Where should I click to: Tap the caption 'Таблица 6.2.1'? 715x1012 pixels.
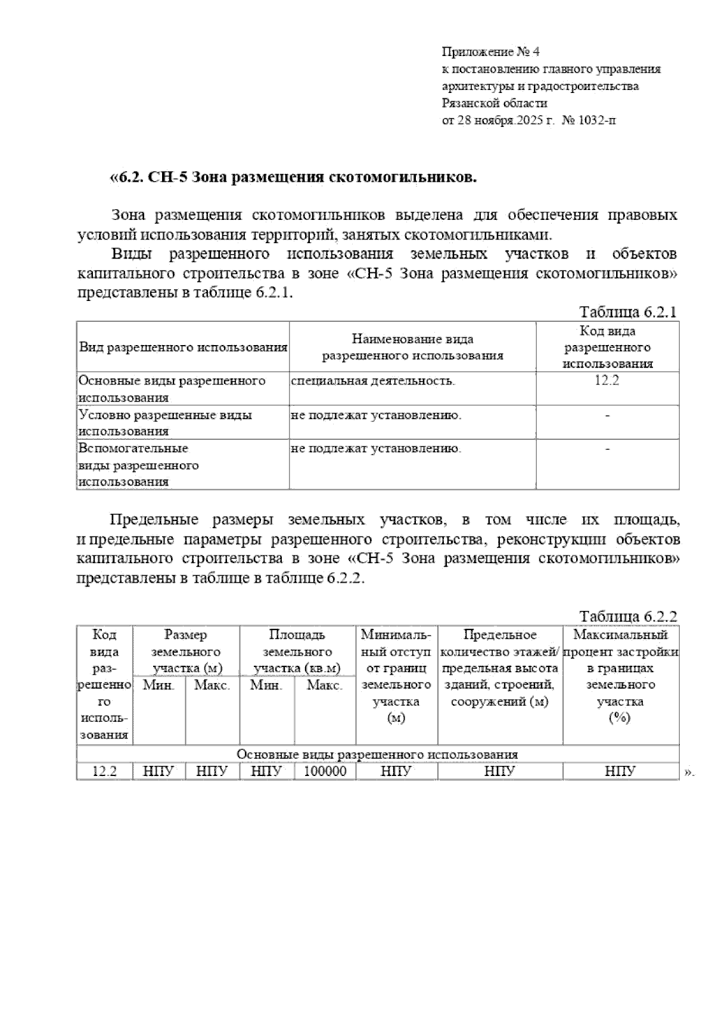(628, 312)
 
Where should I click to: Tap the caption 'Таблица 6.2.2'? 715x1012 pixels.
(628, 616)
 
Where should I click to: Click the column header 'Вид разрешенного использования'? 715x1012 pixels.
(183, 347)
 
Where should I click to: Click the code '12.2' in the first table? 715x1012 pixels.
(607, 381)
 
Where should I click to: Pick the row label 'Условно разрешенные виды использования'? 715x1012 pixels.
(165, 423)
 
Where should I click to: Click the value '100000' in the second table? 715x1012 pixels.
(325, 771)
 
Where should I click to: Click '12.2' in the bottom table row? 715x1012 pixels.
(104, 771)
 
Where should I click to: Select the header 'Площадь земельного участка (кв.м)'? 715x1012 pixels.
(297, 651)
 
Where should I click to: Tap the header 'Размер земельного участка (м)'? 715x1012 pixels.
(186, 651)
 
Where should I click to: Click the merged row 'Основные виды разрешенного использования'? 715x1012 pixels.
(377, 754)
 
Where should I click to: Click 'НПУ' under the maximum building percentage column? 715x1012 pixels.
(620, 771)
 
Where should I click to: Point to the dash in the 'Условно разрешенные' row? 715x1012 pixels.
(607, 415)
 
